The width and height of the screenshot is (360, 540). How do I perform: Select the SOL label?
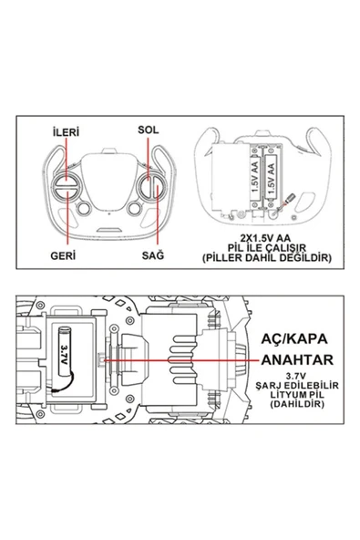click(149, 129)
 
